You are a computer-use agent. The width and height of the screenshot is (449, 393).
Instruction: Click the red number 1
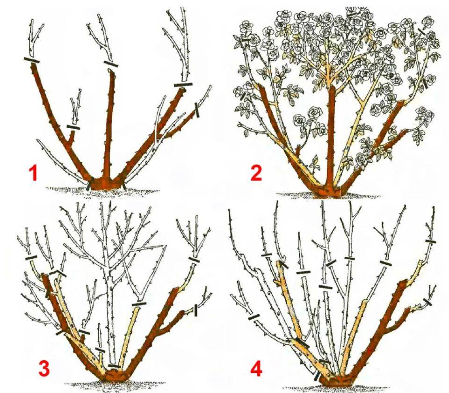pyautogui.click(x=34, y=174)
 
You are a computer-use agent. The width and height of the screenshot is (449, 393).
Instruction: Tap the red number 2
pyautogui.click(x=256, y=173)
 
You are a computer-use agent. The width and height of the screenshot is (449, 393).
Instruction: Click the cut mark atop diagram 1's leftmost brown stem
pyautogui.click(x=31, y=60)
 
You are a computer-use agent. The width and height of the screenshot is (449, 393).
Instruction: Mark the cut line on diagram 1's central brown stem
pyautogui.click(x=111, y=64)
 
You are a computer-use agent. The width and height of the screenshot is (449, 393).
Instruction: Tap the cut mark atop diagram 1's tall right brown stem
pyautogui.click(x=183, y=85)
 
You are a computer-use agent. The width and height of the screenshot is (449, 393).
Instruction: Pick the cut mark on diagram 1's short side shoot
pyautogui.click(x=73, y=127)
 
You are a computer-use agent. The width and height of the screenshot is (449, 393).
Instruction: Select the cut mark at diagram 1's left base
pyautogui.click(x=89, y=183)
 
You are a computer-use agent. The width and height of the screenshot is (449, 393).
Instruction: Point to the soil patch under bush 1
pyautogui.click(x=103, y=191)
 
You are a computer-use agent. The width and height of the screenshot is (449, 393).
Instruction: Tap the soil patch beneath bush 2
pyautogui.click(x=329, y=196)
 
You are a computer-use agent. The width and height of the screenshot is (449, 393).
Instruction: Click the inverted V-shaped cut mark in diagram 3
pyautogui.click(x=58, y=272)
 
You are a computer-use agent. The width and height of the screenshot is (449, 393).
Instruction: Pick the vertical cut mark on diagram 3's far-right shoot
pyautogui.click(x=196, y=311)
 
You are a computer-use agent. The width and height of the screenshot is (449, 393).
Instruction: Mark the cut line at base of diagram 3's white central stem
pyautogui.click(x=115, y=366)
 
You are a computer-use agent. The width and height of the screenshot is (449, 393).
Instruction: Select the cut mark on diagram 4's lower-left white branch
pyautogui.click(x=253, y=317)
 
